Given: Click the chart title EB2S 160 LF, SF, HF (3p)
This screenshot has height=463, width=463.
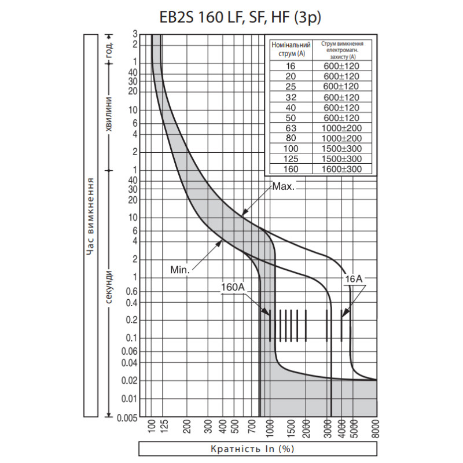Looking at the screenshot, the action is click(x=240, y=17).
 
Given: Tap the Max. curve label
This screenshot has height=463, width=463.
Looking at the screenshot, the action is click(x=284, y=186).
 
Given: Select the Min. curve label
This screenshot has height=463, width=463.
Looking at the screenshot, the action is click(x=180, y=270).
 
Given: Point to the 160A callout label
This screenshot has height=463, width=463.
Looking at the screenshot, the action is click(x=233, y=287).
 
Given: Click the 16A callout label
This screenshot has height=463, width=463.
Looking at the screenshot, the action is click(x=354, y=279).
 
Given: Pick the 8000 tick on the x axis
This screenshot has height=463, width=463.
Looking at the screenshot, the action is click(x=376, y=429).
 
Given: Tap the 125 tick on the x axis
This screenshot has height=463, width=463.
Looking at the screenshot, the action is click(x=164, y=427).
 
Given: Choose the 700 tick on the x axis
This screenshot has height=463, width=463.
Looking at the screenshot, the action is click(x=251, y=427).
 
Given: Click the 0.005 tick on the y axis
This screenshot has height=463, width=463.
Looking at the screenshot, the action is click(x=127, y=418).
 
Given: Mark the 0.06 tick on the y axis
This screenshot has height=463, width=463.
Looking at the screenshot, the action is click(x=130, y=351).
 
